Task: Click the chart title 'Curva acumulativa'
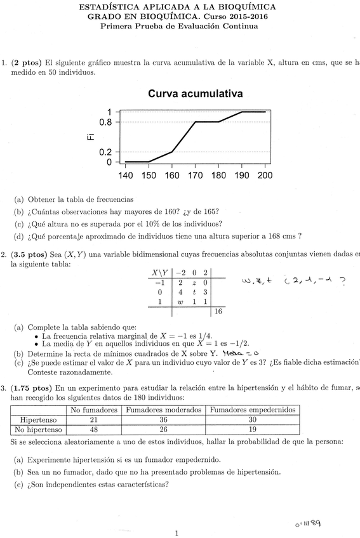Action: [195, 93]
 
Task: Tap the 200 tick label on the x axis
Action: [265, 175]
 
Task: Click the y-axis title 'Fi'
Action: [90, 136]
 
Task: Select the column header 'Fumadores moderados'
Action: [163, 409]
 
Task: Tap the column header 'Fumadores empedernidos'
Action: [252, 409]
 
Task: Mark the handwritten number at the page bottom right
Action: [308, 524]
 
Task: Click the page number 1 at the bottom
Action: [177, 534]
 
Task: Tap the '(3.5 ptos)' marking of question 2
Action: [34, 254]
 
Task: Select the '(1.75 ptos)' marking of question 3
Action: [36, 387]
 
